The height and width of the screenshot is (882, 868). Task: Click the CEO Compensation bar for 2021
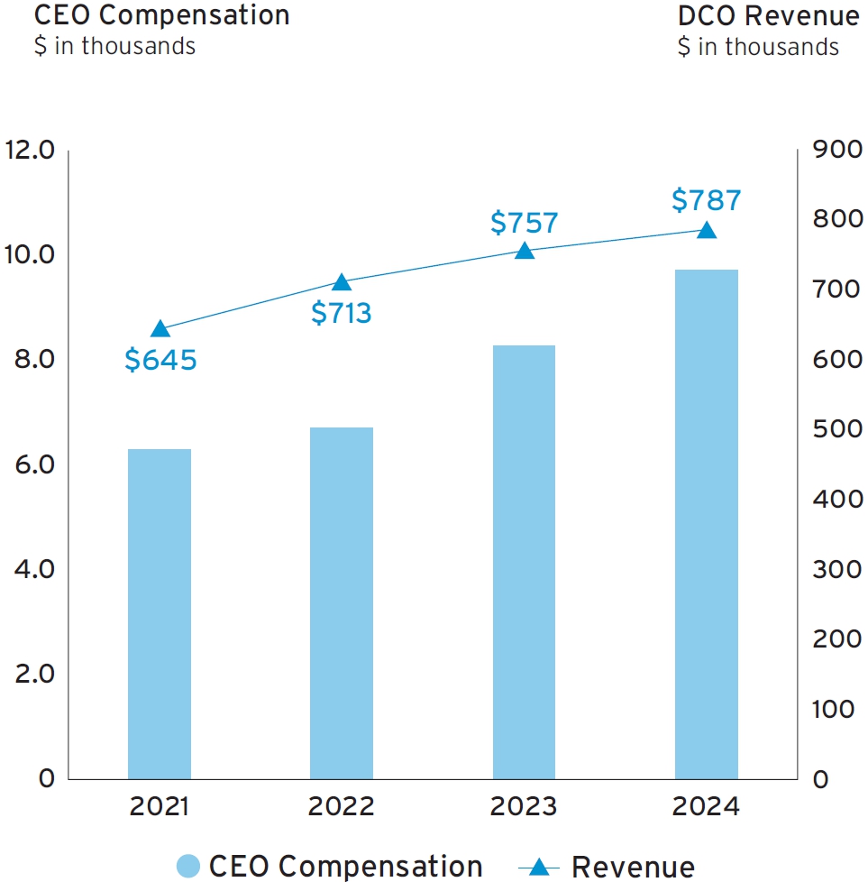[x=160, y=613]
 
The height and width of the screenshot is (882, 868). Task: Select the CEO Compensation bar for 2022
[x=342, y=602]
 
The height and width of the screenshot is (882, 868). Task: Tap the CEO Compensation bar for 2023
[x=524, y=562]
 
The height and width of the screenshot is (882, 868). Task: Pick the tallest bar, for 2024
[x=707, y=524]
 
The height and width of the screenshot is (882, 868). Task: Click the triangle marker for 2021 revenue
[x=160, y=329]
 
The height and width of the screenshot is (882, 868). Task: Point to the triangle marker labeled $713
[x=342, y=282]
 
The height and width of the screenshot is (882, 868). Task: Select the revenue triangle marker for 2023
[x=524, y=251]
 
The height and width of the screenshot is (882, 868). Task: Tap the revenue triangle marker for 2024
[x=707, y=230]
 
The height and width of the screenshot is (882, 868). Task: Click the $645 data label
[x=160, y=360]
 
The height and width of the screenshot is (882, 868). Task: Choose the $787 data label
[x=707, y=200]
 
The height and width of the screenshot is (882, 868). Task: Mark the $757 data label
[x=524, y=222]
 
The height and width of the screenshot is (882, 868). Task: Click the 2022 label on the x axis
[x=342, y=806]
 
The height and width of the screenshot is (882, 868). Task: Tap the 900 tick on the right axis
[x=836, y=150]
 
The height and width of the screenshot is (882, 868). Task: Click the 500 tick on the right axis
[x=836, y=429]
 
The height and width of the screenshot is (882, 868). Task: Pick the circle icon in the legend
[x=187, y=867]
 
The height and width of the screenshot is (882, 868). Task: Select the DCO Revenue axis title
[x=768, y=15]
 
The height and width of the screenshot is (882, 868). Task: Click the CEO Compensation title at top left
[x=162, y=15]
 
